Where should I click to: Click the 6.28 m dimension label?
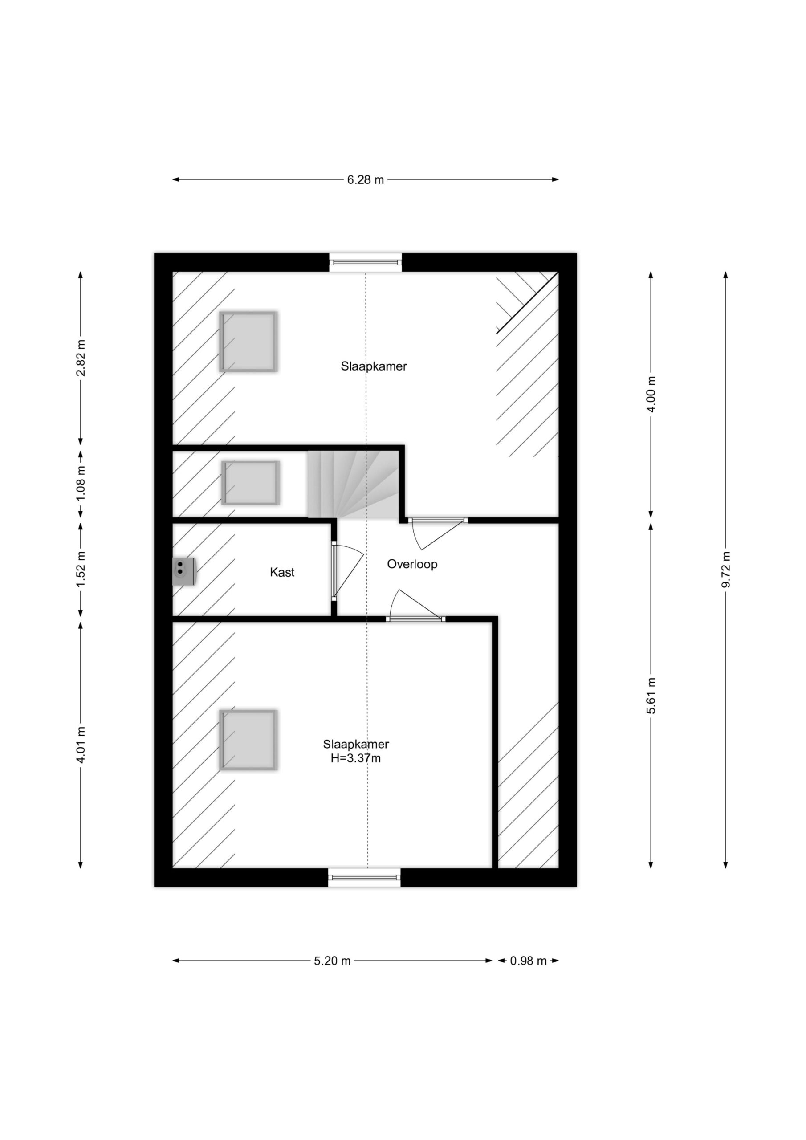click(366, 180)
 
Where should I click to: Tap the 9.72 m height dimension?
click(725, 569)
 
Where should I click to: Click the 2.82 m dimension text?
click(81, 358)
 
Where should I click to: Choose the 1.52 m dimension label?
click(81, 569)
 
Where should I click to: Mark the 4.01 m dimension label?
click(81, 745)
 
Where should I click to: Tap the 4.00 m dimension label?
click(651, 394)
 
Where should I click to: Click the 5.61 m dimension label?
click(651, 696)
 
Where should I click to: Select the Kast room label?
click(282, 573)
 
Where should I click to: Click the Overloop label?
click(412, 565)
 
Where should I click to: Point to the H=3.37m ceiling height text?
click(355, 758)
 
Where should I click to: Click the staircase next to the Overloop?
click(353, 484)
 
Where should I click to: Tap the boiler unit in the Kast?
click(184, 571)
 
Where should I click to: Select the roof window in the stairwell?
click(250, 483)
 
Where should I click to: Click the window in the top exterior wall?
click(366, 262)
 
